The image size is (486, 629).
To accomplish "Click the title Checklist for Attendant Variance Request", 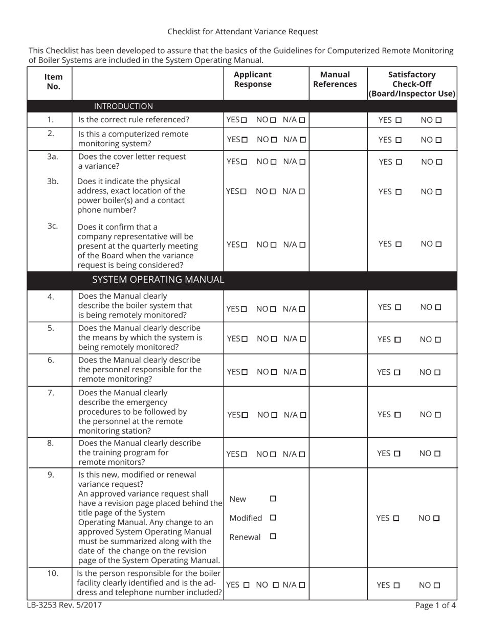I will [242, 32].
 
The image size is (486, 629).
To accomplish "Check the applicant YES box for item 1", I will [244, 120].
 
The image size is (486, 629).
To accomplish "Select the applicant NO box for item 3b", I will [273, 192].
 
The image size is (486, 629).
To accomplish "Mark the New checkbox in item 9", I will [273, 499].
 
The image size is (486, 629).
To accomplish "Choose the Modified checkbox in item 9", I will [273, 518].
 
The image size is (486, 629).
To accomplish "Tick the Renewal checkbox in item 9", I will [273, 536].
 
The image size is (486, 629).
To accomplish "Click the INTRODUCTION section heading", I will [123, 106].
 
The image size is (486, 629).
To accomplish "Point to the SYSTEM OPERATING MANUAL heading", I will [158, 280].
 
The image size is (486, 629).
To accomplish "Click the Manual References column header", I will [335, 79].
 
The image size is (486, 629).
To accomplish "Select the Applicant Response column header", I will [253, 79].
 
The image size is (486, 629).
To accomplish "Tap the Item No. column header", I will [53, 81].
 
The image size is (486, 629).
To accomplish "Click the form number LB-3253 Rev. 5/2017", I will [64, 605].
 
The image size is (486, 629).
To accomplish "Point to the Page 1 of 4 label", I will [435, 605].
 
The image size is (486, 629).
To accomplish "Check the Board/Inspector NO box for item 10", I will [437, 586].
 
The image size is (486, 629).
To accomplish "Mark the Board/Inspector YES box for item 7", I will [397, 415].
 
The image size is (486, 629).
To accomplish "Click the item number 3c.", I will [53, 226].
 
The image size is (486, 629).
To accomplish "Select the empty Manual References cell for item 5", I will [338, 338].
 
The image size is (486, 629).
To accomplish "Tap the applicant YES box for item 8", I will [244, 454].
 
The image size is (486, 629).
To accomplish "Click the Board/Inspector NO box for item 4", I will [438, 307].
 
